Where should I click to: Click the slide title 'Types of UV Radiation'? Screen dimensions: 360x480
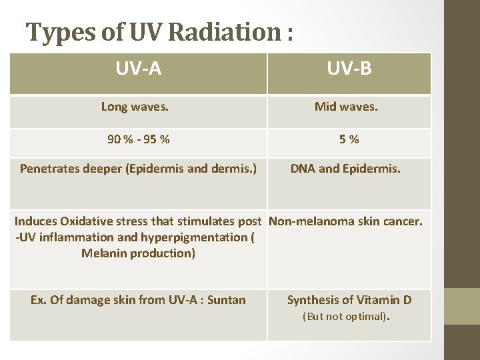159,32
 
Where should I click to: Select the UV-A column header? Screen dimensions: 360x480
138,69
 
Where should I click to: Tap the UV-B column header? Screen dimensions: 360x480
349,69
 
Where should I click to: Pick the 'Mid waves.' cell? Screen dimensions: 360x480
349,107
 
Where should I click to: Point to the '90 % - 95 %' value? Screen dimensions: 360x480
138,139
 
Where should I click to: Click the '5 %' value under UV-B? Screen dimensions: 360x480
349,139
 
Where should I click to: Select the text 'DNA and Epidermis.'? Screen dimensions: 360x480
345,169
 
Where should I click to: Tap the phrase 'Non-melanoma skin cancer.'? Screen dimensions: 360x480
345,221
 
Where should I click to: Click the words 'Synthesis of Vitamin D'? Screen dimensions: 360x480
349,300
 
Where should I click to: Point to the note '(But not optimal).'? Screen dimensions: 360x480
346,317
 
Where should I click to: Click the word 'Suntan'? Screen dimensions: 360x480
226,300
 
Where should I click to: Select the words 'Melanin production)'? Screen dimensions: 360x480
138,253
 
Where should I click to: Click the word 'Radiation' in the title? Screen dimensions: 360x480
227,32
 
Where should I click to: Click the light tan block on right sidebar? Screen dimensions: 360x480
461,307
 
